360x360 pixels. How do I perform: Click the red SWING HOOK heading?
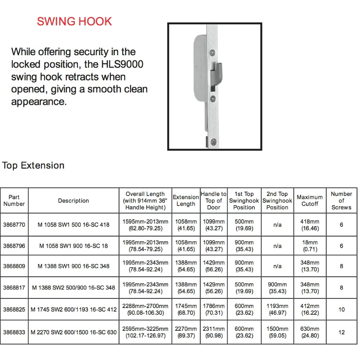click(x=74, y=21)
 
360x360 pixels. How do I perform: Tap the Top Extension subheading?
click(x=33, y=166)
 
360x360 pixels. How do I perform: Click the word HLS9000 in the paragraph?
click(x=122, y=64)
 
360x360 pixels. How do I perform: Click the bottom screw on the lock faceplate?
click(x=214, y=141)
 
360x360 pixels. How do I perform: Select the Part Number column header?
click(x=14, y=200)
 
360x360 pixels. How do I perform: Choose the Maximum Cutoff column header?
click(x=310, y=200)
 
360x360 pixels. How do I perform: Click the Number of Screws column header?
click(x=341, y=200)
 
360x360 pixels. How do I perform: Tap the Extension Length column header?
click(x=186, y=200)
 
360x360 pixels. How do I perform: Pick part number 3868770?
click(x=14, y=225)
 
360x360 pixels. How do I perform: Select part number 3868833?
click(x=14, y=332)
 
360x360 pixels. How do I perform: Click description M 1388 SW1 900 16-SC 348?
click(x=74, y=266)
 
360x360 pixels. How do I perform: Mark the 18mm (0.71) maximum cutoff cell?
click(x=310, y=246)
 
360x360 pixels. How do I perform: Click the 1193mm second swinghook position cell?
click(x=277, y=309)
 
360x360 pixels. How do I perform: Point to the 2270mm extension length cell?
click(x=186, y=332)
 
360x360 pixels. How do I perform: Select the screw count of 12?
click(x=341, y=332)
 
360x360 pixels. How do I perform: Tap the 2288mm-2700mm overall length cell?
click(x=145, y=309)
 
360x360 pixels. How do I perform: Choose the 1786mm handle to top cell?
click(x=214, y=309)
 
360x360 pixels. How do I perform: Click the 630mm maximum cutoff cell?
click(x=310, y=332)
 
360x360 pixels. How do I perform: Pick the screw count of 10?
click(x=341, y=309)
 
